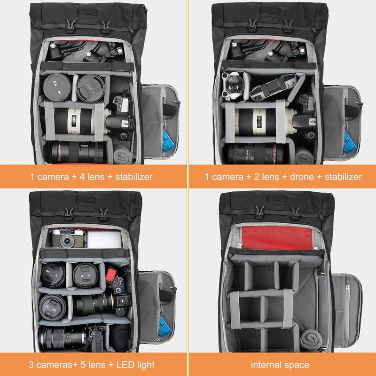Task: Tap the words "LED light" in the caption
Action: coord(135,365)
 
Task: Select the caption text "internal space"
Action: coord(280,365)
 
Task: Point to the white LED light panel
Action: coord(104,239)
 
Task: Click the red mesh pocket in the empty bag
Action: coord(277,238)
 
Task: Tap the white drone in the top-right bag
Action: coord(232,85)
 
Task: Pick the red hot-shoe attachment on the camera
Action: coord(111,275)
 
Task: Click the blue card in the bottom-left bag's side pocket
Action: coord(164,326)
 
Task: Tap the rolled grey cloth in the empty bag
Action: coord(311,339)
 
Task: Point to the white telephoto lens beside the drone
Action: coord(263,122)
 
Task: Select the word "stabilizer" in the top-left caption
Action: coord(134,177)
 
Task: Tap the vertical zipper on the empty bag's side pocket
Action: coord(347,312)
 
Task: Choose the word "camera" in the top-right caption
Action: coord(227,177)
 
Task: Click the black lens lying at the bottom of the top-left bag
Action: coord(78,152)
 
